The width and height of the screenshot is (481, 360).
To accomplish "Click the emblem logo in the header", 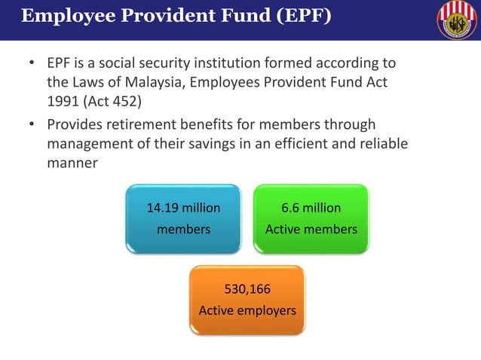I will point(457,20).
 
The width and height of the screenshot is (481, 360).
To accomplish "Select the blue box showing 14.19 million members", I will point(183,218).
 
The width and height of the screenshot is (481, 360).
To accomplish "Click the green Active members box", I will point(311,218).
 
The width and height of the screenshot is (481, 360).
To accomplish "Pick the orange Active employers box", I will point(247,299).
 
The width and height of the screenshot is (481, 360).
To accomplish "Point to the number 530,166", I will point(247,288).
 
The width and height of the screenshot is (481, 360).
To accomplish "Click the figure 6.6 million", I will point(311,208).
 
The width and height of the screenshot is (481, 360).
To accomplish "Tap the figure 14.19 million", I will point(183,208).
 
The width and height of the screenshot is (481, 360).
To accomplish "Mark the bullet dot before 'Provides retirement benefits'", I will point(32,124).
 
